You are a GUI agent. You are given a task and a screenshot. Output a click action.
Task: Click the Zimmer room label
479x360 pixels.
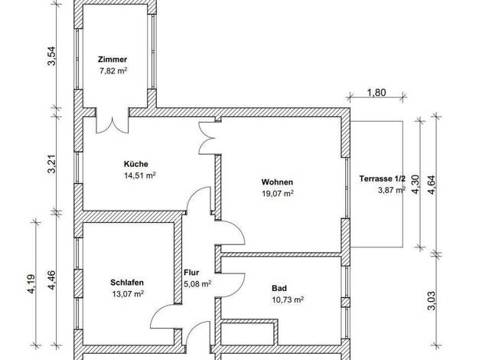click(x=112, y=59)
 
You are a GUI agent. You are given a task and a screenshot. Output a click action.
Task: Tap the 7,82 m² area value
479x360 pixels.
click(x=113, y=71)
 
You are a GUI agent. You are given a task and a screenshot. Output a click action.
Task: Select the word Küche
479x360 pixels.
click(x=136, y=164)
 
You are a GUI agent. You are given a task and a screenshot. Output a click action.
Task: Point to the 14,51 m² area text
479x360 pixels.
click(x=140, y=175)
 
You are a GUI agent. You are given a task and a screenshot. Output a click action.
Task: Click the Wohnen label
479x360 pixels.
click(x=277, y=182)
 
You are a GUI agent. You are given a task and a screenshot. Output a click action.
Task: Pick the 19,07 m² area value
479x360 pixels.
click(x=278, y=193)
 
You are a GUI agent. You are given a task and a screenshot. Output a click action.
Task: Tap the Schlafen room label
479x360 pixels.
click(x=127, y=283)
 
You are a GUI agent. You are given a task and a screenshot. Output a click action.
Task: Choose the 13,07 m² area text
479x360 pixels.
click(x=128, y=294)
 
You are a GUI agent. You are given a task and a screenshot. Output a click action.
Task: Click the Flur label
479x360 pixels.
click(x=191, y=273)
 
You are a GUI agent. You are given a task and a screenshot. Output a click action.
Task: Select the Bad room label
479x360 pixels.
click(x=279, y=288)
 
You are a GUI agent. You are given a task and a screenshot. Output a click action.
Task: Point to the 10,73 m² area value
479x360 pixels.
click(x=288, y=299)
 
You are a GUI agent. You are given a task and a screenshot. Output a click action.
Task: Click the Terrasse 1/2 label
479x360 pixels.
click(x=382, y=178)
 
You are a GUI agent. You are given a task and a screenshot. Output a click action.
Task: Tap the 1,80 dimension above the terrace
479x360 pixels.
click(x=376, y=93)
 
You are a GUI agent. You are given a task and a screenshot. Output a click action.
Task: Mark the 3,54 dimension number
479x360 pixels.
click(x=51, y=56)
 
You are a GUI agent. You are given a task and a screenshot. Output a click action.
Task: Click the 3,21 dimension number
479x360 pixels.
click(x=51, y=164)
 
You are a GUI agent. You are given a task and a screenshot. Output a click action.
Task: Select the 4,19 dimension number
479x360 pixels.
click(x=32, y=284)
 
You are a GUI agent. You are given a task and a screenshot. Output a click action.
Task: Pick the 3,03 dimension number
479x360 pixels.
click(x=432, y=300)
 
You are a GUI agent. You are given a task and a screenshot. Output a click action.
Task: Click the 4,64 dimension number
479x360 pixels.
click(x=432, y=185)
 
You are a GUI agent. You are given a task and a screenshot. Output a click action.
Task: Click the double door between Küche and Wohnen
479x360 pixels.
click(x=207, y=138)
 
